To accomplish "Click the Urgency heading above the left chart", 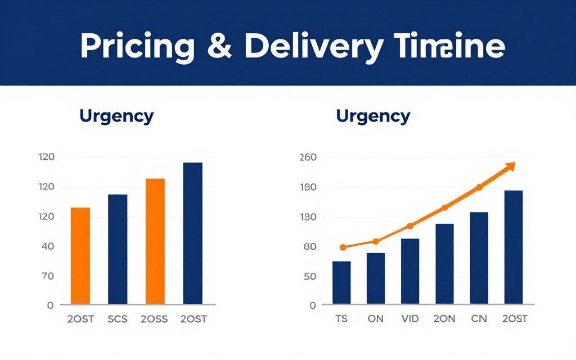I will pos(116,116).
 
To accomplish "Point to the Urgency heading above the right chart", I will pos(373,116).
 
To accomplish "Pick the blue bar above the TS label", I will pos(341,282).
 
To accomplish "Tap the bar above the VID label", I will pos(410,271).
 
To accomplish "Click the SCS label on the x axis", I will pos(118,319).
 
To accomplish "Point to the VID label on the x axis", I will pos(410,319).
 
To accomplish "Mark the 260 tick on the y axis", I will pos(309,157).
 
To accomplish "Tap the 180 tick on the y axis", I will pos(309,187).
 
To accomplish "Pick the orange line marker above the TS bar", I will pos(343,247).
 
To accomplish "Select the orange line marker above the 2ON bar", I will pos(444,208).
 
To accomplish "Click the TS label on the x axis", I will pos(341,319).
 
